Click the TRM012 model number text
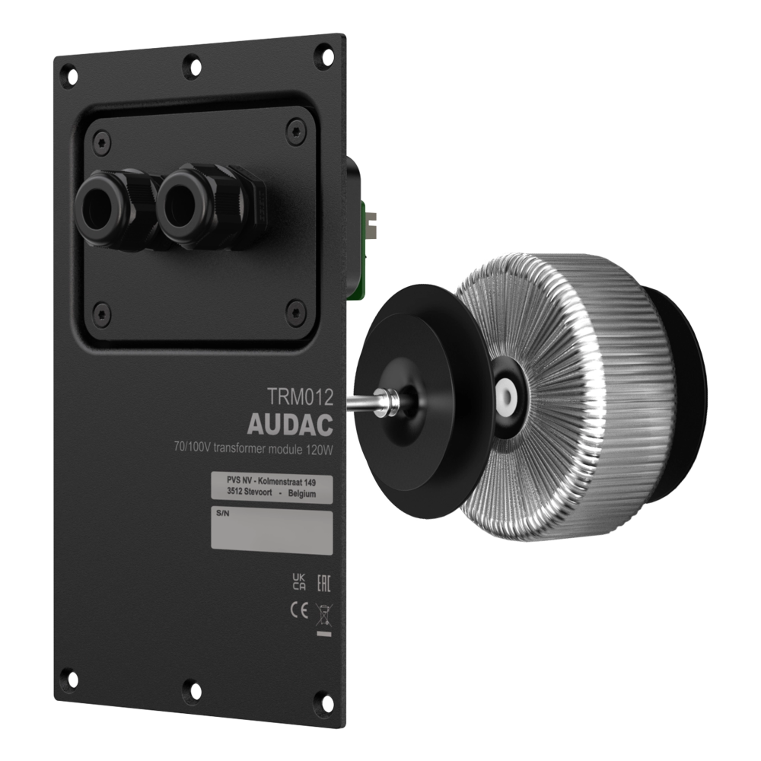[x=300, y=397]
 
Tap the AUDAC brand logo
[x=290, y=425]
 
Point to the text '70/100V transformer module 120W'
[x=253, y=448]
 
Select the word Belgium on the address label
[x=302, y=494]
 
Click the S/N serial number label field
[x=272, y=533]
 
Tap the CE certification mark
[x=299, y=610]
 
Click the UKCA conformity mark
[x=299, y=581]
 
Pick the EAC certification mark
[x=323, y=581]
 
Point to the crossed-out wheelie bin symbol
[x=323, y=616]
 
